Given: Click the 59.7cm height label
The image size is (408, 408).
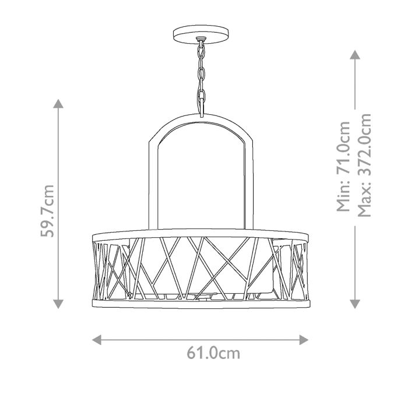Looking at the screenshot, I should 49,211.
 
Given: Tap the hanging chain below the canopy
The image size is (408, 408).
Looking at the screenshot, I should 202,76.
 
